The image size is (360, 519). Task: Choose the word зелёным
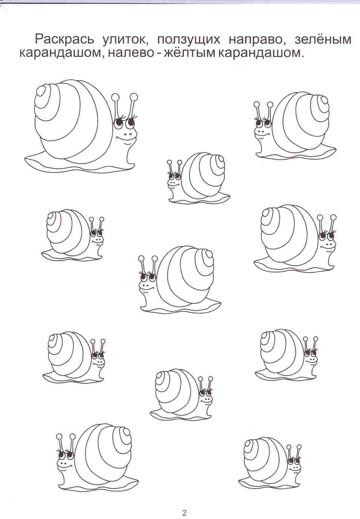(323, 39)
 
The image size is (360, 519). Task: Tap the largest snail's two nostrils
(127, 134)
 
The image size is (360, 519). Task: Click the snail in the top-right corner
(294, 125)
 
